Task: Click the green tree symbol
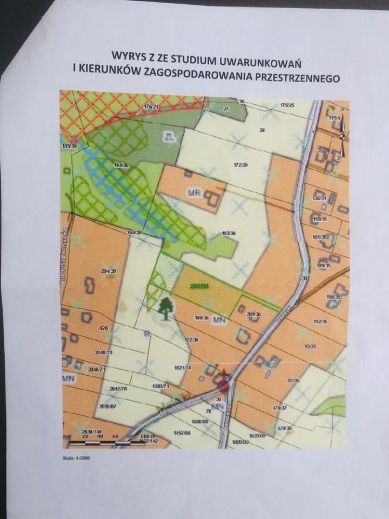click(x=165, y=308)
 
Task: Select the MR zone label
click(x=193, y=193)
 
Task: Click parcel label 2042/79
click(x=117, y=389)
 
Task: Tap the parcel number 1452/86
click(x=182, y=433)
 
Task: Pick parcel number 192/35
click(x=319, y=322)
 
